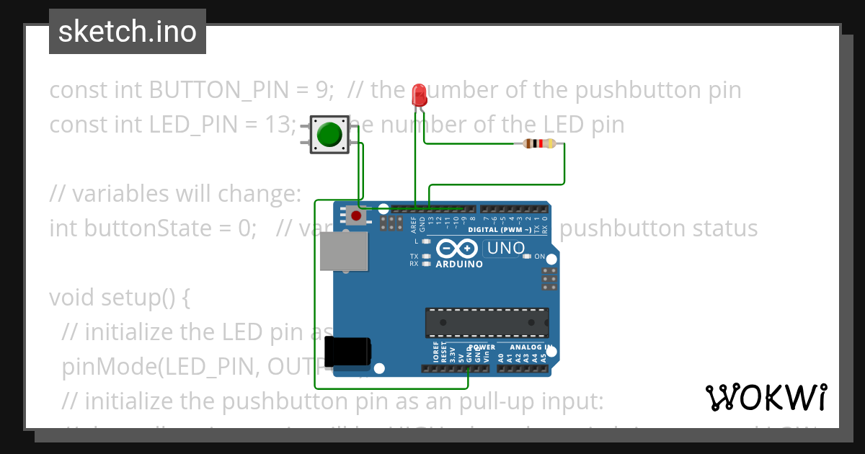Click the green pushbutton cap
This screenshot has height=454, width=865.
pyautogui.click(x=329, y=135)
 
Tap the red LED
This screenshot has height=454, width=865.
pyautogui.click(x=418, y=96)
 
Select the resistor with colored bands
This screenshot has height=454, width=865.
pyautogui.click(x=539, y=143)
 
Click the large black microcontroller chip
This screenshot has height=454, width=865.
pyautogui.click(x=487, y=322)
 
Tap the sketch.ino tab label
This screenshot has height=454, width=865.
pyautogui.click(x=128, y=32)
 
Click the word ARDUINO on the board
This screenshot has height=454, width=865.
pyautogui.click(x=459, y=264)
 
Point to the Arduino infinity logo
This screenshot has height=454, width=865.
pyautogui.click(x=457, y=249)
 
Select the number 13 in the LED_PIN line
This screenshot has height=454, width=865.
pyautogui.click(x=280, y=125)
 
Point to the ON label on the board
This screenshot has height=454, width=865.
pyautogui.click(x=539, y=257)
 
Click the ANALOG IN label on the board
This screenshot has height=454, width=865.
pyautogui.click(x=532, y=347)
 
